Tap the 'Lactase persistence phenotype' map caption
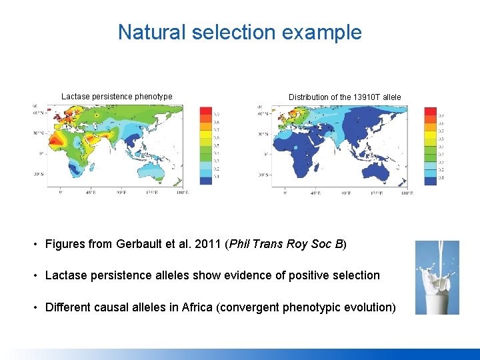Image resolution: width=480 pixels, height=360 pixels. coord(117,97)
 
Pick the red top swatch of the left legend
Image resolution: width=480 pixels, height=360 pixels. coord(206,111)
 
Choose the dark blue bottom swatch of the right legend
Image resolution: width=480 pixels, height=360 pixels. coord(430,181)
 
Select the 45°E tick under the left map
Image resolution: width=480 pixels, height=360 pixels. coord(89,193)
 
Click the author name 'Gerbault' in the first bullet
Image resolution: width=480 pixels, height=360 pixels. coord(139,244)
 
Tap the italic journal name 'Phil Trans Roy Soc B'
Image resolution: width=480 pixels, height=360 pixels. coord(285,244)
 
